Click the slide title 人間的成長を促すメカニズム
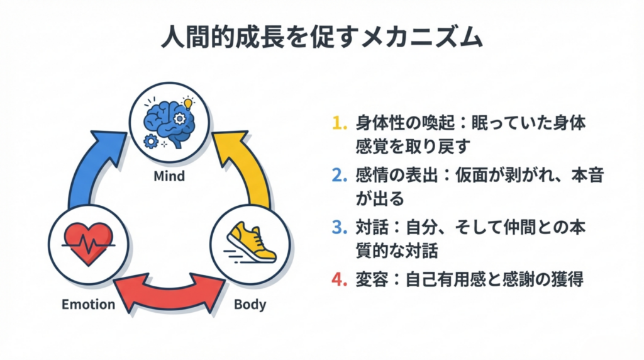point(322,38)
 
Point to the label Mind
point(169,176)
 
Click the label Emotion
point(89,305)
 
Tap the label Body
point(250,305)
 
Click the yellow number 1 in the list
point(338,124)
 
